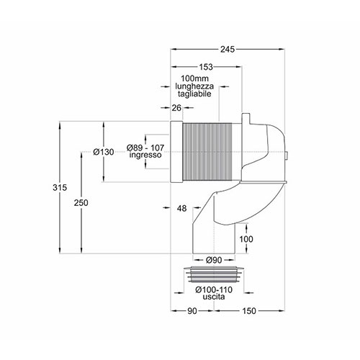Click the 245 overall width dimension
pyautogui.click(x=228, y=50)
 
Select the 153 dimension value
pyautogui.click(x=206, y=67)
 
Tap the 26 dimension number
pyautogui.click(x=176, y=108)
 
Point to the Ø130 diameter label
pyautogui.click(x=104, y=152)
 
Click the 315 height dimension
pyautogui.click(x=60, y=187)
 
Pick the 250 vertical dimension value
pyautogui.click(x=81, y=203)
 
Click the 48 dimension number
pyautogui.click(x=181, y=208)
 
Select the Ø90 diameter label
pyautogui.click(x=214, y=260)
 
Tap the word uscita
pyautogui.click(x=214, y=297)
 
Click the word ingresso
pyautogui.click(x=145, y=155)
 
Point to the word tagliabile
pyautogui.click(x=194, y=94)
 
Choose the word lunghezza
pyautogui.click(x=194, y=86)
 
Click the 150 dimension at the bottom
pyautogui.click(x=249, y=311)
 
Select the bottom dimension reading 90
pyautogui.click(x=192, y=311)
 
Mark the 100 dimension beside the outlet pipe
pyautogui.click(x=246, y=239)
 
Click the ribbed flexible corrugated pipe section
pyautogui.click(x=207, y=152)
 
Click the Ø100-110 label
pyautogui.click(x=214, y=290)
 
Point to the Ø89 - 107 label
pyautogui.click(x=145, y=148)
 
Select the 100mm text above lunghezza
pyautogui.click(x=194, y=78)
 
